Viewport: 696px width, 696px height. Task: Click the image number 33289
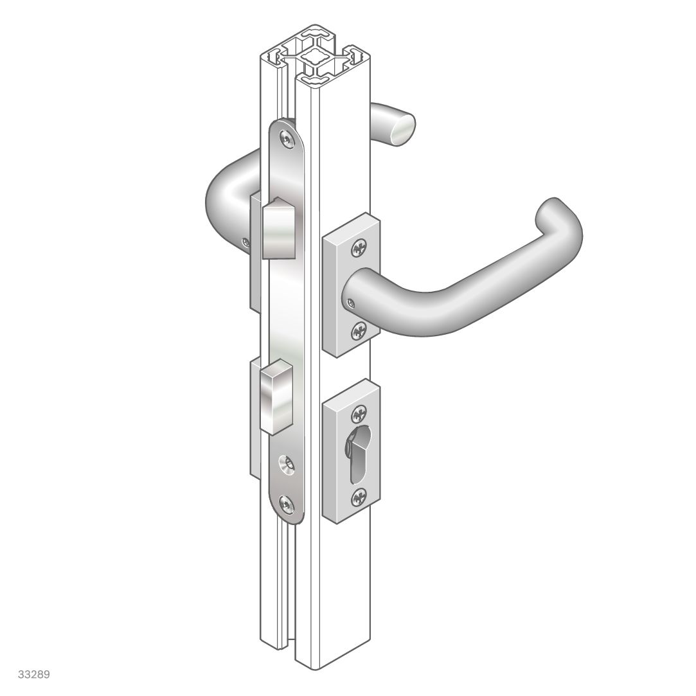coord(34,675)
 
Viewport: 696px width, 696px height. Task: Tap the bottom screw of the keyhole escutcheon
coord(360,495)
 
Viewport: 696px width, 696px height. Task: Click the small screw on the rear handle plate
coord(245,242)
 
